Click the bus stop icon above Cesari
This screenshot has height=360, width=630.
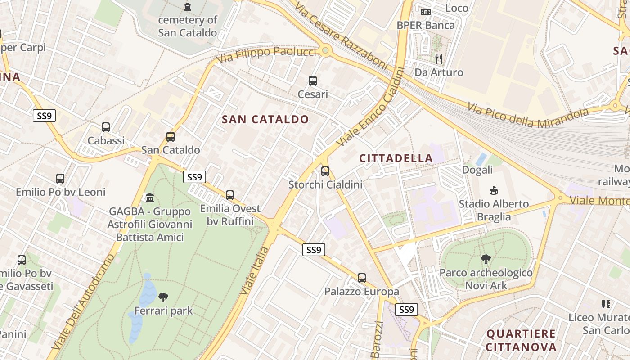point(312,81)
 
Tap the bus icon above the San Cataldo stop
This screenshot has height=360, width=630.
point(170,136)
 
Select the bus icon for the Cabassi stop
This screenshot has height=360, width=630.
point(106,127)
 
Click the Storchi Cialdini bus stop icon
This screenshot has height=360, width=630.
point(325,171)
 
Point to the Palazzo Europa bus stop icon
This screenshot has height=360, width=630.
point(362,278)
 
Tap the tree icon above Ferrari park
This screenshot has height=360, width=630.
point(163,297)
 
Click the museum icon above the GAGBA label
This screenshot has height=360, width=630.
point(150,198)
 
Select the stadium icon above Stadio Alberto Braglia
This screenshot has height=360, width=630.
point(494,190)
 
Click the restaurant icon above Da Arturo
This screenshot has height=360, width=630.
point(439,58)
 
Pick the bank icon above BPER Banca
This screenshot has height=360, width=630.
point(425,12)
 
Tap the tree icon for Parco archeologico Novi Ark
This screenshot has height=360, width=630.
point(486,259)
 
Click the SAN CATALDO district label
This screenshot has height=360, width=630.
point(265,119)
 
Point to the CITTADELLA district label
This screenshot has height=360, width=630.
point(396,158)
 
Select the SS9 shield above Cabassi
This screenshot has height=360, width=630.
point(44,116)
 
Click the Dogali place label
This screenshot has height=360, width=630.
point(477,170)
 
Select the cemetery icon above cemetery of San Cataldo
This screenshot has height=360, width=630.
point(187,7)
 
